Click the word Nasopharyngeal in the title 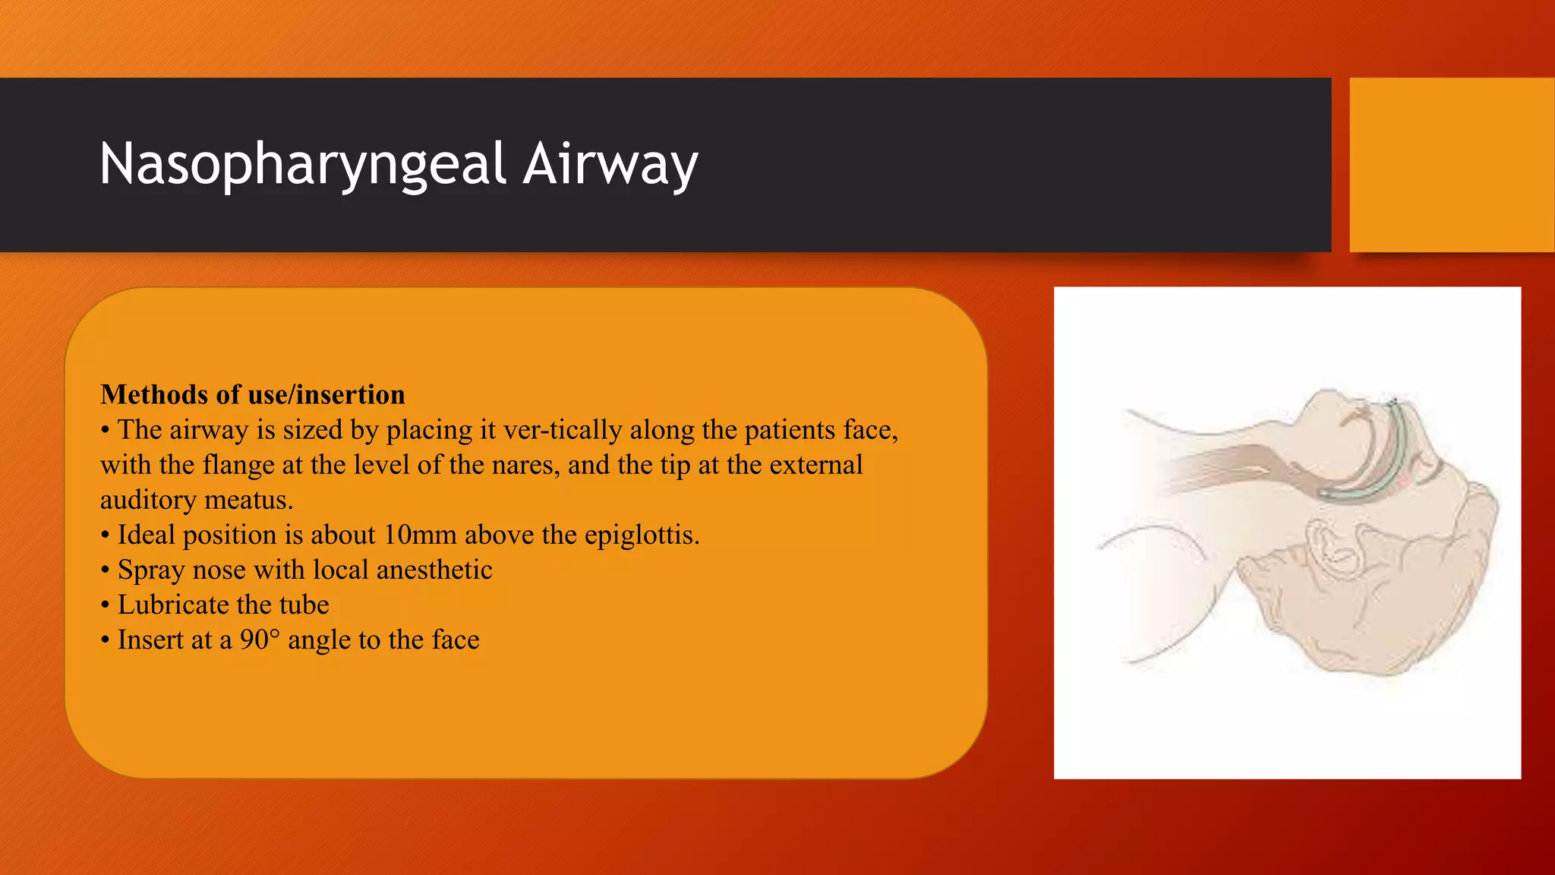coord(302,164)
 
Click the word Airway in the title coord(610,164)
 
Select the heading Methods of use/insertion coord(253,395)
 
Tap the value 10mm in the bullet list coord(419,535)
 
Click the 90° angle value coord(260,640)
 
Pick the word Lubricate coord(173,605)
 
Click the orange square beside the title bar coord(1451,164)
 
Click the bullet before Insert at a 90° coord(106,640)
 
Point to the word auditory coord(148,500)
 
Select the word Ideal coord(146,535)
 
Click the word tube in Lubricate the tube coord(304,605)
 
